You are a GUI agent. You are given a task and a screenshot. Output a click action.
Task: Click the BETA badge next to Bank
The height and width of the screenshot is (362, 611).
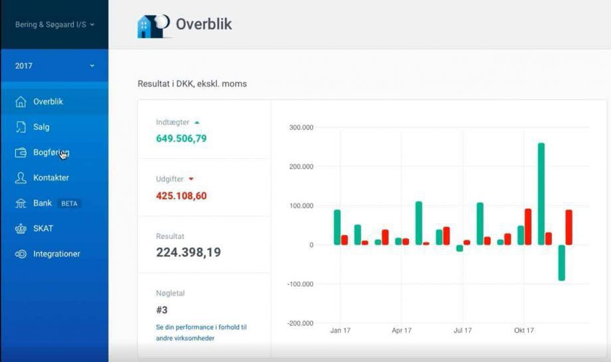[69, 203]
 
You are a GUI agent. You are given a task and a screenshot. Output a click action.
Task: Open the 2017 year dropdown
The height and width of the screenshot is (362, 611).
[54, 66]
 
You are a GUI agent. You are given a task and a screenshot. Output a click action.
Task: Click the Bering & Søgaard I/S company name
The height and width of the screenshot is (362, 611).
[50, 25]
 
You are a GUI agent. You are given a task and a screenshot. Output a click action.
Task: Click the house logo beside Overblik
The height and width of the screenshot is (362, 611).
[153, 27]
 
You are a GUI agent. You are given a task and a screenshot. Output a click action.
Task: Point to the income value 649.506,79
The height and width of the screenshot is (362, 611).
[181, 139]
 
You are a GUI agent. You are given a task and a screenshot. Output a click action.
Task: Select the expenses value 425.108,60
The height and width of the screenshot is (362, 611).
[181, 195]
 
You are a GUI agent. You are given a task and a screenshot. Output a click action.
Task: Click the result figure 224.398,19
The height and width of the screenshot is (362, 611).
[188, 252]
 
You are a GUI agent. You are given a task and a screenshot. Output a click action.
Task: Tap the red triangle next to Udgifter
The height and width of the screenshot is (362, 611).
[191, 179]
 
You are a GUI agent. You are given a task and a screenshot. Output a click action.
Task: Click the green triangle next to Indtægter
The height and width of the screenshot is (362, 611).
[197, 122]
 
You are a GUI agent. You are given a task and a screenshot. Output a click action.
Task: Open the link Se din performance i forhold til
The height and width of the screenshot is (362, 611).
[201, 327]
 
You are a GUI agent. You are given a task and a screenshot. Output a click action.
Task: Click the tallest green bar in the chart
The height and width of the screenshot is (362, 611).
[541, 194]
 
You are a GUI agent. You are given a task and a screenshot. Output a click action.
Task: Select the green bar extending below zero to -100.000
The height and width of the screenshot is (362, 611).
[561, 262]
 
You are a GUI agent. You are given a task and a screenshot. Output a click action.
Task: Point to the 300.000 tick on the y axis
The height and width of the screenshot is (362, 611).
[302, 128]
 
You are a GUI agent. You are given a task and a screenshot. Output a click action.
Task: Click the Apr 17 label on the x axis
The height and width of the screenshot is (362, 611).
[401, 330]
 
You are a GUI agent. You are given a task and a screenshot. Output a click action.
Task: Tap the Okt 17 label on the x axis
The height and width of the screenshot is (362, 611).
[524, 330]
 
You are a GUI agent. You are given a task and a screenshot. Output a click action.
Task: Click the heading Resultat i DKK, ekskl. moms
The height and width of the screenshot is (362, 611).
[192, 84]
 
